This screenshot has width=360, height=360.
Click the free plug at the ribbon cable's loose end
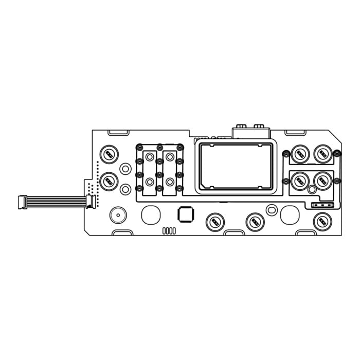pyautogui.click(x=22, y=202)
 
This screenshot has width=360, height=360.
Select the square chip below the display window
pyautogui.click(x=185, y=214)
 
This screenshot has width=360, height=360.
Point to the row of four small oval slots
pyautogui.click(x=169, y=230)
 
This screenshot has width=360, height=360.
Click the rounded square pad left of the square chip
pyautogui.click(x=151, y=214)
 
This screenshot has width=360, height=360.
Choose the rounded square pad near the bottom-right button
pyautogui.click(x=290, y=214)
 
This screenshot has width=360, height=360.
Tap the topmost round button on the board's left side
pyautogui.click(x=109, y=154)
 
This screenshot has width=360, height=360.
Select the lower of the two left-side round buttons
pyautogui.click(x=109, y=181)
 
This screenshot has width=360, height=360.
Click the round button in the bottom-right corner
pyautogui.click(x=322, y=221)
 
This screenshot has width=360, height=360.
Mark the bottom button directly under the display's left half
pyautogui.click(x=215, y=222)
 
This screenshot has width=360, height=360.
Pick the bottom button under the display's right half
pyautogui.click(x=255, y=222)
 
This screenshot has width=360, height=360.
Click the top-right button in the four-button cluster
pyautogui.click(x=322, y=153)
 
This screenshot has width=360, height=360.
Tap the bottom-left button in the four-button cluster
pyautogui.click(x=299, y=180)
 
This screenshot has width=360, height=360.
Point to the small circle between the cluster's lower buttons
pyautogui.click(x=312, y=190)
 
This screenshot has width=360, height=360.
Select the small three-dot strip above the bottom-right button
pyautogui.click(x=320, y=205)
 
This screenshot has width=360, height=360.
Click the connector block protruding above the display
pyautogui.click(x=251, y=132)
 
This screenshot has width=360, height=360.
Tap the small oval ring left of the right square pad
pyautogui.click(x=272, y=209)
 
